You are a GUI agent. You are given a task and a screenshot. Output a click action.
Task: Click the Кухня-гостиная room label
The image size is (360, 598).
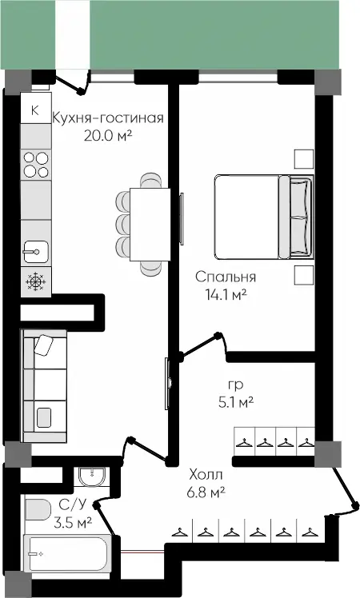tap(108, 118)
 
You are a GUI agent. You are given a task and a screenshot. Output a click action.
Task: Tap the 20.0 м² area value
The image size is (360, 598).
tap(108, 135)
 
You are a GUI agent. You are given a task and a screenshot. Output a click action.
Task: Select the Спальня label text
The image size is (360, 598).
tap(226, 277)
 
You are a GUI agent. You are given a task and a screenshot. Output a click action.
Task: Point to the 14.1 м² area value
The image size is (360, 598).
tap(226, 294)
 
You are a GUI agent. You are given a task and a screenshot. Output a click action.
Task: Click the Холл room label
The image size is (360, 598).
tap(206, 475)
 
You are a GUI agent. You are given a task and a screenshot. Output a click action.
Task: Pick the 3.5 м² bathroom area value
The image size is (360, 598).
tap(73, 522)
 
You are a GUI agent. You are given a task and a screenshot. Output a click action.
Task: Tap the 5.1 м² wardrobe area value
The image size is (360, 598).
tap(236, 402)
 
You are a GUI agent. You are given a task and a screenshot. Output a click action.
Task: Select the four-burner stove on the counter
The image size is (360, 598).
tap(36, 165)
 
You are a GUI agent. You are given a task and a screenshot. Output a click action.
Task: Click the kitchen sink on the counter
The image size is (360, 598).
tap(36, 252)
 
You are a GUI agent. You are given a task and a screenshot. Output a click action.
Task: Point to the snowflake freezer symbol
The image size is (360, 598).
tap(36, 282)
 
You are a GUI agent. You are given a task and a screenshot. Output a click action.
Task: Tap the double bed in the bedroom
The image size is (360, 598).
tap(264, 217)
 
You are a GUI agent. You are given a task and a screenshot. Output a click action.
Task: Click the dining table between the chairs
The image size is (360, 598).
tap(150, 224)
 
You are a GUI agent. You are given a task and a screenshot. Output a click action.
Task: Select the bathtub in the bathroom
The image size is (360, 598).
tap(67, 554)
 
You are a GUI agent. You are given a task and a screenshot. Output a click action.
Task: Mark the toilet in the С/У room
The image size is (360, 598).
tap(38, 509)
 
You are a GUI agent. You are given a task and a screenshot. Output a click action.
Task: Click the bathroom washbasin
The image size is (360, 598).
tap(92, 476)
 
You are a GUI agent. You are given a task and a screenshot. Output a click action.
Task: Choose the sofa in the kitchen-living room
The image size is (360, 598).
tap(45, 385)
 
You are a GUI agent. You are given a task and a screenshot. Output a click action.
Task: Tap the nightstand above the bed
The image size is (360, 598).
tap(304, 159)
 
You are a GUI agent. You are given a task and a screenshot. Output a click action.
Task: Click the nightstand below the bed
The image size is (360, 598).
tap(304, 275)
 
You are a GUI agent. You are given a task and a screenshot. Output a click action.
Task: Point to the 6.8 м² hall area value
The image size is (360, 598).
tap(206, 492)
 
